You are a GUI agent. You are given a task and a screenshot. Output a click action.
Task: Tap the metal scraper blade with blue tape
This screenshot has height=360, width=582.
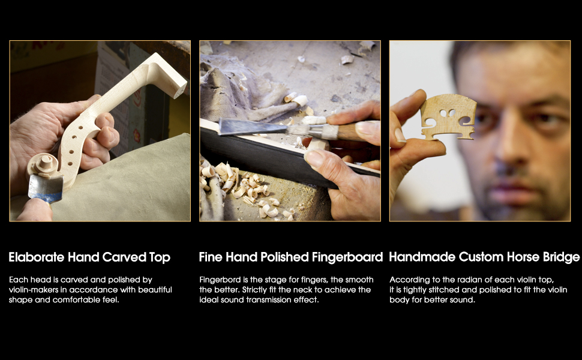(x=45, y=188)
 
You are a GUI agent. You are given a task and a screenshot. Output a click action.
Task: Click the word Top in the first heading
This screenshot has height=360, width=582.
(x=160, y=257)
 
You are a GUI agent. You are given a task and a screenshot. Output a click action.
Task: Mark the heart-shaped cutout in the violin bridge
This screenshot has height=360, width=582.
(x=448, y=113)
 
